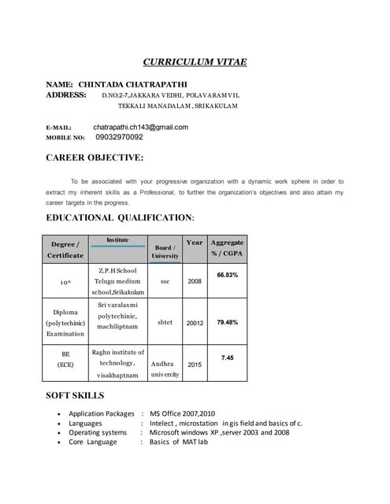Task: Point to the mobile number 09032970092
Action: click(119, 137)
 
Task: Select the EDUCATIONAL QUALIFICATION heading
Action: click(120, 217)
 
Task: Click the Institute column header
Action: click(117, 239)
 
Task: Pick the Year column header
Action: click(194, 243)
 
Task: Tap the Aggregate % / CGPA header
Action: click(227, 248)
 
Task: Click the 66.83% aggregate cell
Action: click(227, 275)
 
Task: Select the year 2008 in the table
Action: click(195, 281)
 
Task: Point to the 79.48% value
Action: click(227, 322)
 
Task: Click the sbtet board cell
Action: click(165, 322)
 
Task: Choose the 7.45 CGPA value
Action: click(227, 358)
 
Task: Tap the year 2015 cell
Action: click(195, 365)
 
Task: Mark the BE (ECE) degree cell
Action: click(65, 360)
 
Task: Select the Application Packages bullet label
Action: click(102, 413)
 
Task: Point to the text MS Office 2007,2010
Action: click(182, 413)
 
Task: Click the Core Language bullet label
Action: click(92, 442)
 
